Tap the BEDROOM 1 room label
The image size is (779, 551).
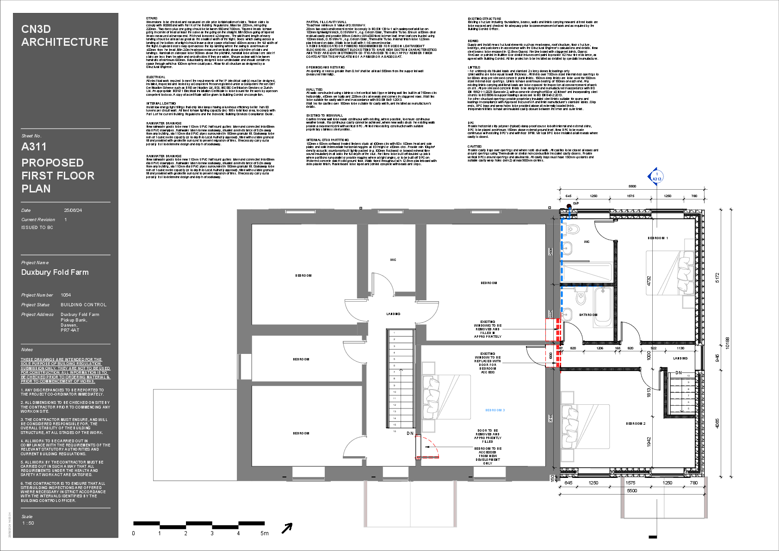coord(657,238)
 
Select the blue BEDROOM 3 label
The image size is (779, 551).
coord(495,410)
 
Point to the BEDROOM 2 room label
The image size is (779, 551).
coord(636,424)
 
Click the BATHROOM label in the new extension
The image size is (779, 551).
coord(588,315)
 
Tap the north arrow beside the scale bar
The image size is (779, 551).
coord(287,528)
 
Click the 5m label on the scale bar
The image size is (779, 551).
coord(264,533)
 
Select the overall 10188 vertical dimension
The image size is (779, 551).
coord(727,343)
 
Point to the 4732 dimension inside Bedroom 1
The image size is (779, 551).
coord(649,280)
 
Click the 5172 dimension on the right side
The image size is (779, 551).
coord(717,278)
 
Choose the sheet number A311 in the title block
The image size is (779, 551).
coord(34,147)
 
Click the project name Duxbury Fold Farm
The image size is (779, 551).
coord(55,272)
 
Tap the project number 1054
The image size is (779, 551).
coord(66,295)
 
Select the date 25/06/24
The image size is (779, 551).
coord(73,210)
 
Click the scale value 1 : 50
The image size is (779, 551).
coord(28,523)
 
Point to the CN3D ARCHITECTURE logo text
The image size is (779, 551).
coord(64,36)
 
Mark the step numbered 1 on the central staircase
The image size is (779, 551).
coord(394,333)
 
